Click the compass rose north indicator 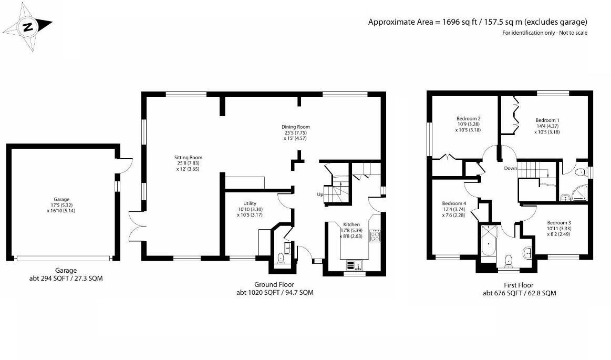click(x=29, y=27)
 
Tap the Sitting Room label click(x=188, y=158)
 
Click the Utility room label click(x=250, y=203)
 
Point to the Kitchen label click(x=351, y=224)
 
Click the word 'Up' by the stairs click(x=320, y=194)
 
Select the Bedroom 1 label click(x=547, y=120)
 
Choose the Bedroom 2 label click(x=468, y=119)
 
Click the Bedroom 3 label click(x=558, y=222)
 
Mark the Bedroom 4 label click(x=453, y=203)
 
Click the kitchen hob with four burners click(x=375, y=235)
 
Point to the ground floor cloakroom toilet click(x=281, y=258)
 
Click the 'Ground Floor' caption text click(x=275, y=284)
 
